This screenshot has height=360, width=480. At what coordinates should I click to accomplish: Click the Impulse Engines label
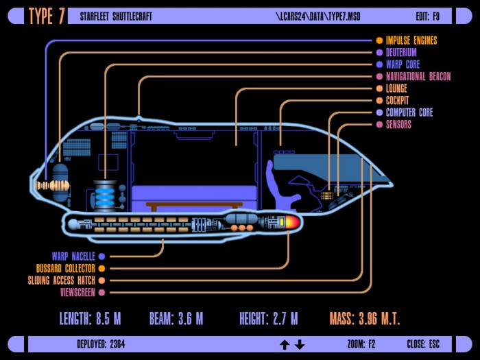[x=411, y=40]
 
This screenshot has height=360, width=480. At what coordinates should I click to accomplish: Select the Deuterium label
[x=401, y=52]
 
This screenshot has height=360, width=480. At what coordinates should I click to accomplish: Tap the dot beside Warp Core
[x=379, y=64]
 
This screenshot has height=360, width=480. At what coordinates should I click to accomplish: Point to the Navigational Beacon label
[x=418, y=77]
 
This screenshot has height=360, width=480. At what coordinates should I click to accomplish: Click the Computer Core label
[x=409, y=112]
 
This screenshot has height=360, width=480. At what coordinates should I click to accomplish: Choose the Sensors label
[x=398, y=124]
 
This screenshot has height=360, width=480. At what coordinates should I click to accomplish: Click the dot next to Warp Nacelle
[x=101, y=256]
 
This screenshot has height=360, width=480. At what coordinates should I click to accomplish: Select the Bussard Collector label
[x=66, y=269]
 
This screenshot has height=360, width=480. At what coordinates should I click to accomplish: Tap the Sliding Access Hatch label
[x=62, y=280]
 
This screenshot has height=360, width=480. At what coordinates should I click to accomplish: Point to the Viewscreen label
[x=77, y=292]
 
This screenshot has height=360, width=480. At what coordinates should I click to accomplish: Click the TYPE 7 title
[x=47, y=16]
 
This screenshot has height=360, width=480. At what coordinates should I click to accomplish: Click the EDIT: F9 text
[x=427, y=16]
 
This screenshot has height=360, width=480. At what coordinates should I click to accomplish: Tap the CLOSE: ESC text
[x=423, y=344]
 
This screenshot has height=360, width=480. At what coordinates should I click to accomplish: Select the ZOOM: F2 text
[x=361, y=344]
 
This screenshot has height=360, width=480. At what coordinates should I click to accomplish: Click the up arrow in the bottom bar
[x=285, y=345]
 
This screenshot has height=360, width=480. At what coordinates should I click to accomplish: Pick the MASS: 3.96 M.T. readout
[x=365, y=318]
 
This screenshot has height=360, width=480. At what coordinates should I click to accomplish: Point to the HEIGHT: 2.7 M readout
[x=269, y=318]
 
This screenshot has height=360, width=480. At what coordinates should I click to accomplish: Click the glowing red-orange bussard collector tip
[x=293, y=222]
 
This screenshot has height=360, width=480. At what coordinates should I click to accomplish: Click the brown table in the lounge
[x=194, y=206]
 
